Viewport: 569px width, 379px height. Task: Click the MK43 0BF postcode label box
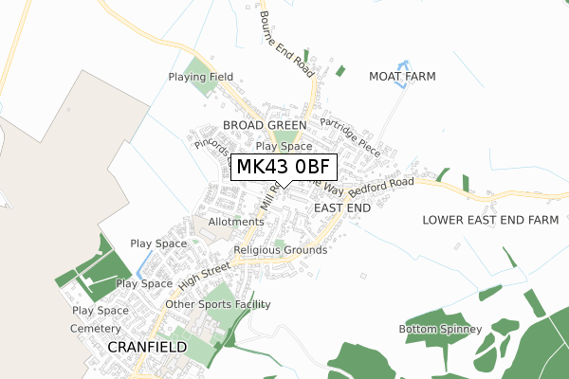[x=283, y=168]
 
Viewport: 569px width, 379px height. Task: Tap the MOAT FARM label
[x=402, y=76]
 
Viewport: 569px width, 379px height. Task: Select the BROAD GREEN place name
[x=265, y=125]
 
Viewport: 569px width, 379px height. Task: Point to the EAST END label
[x=341, y=207]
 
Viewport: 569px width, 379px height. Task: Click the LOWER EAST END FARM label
[x=490, y=220]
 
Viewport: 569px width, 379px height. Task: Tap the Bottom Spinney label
[x=440, y=329]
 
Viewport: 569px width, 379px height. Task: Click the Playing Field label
[x=200, y=77]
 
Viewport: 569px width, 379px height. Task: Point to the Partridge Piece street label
[x=349, y=136]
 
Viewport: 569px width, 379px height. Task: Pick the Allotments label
[x=236, y=222]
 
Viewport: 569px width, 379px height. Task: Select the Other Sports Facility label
[x=218, y=304]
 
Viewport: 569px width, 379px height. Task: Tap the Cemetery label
[x=96, y=328]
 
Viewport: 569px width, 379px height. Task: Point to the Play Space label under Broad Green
[x=284, y=147]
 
